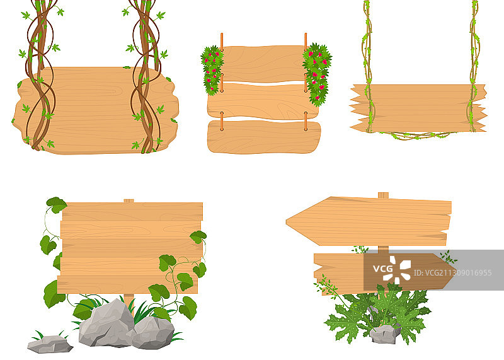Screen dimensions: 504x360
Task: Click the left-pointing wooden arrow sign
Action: (370, 221)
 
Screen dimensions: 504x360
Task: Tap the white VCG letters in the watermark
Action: (382, 269)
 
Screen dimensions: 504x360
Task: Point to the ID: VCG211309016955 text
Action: (452, 273)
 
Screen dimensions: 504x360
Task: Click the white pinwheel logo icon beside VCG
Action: (401, 270)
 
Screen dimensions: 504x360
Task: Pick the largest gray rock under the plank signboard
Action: (106, 323)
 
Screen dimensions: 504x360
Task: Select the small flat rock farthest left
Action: (50, 344)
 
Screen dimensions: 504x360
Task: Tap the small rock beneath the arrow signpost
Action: (385, 334)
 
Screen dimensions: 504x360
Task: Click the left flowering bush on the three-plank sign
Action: (212, 70)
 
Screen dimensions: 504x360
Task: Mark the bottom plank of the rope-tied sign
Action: (264, 137)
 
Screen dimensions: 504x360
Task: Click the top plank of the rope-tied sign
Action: (263, 64)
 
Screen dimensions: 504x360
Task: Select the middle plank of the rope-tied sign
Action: (263, 101)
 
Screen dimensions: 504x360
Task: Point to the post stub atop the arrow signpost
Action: (383, 195)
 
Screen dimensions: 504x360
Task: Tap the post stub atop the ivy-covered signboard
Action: (129, 201)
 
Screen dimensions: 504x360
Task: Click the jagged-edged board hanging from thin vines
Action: (418, 108)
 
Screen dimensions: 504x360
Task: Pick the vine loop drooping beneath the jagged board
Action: (417, 136)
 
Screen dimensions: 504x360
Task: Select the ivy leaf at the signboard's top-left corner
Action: (56, 205)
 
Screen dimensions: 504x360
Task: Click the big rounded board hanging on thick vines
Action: (95, 110)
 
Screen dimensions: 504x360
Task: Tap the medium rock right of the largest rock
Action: (153, 333)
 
